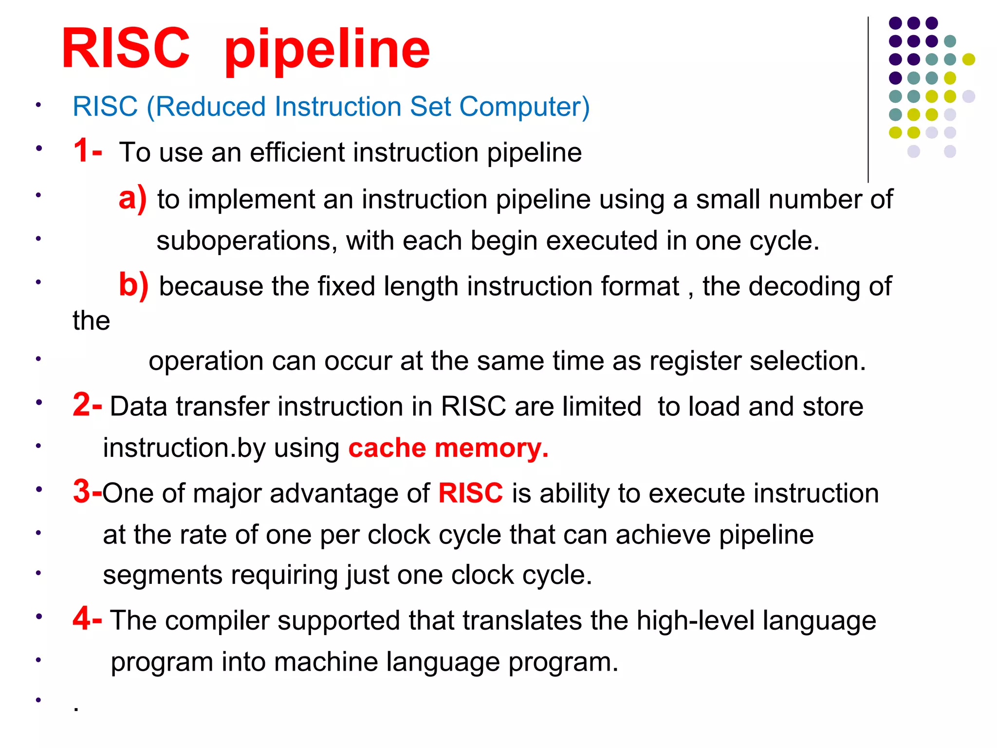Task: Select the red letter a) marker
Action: [x=132, y=198]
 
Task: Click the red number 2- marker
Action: [x=88, y=405]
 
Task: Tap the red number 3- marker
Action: [x=88, y=491]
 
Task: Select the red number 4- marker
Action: [x=88, y=618]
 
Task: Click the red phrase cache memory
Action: [x=448, y=448]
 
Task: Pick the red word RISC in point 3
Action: [x=470, y=493]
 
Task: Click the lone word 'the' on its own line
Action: [x=91, y=321]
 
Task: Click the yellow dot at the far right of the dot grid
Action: [x=968, y=59]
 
